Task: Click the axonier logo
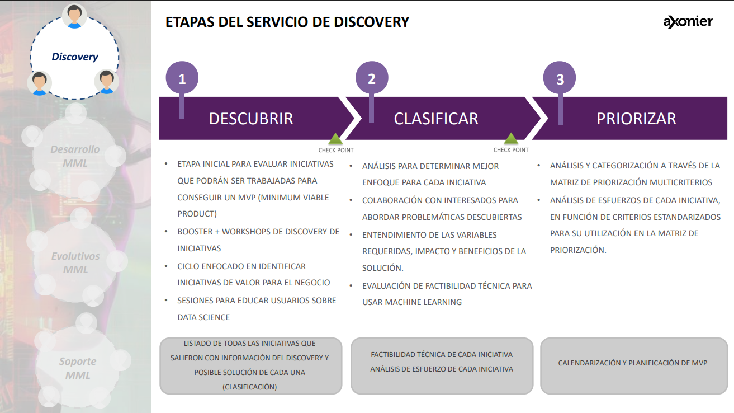[x=688, y=22]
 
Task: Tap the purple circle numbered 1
[x=182, y=79]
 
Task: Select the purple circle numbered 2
[x=372, y=79]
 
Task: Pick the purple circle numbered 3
[x=560, y=79]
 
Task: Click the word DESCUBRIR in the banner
[x=250, y=119]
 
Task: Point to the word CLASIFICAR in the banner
[x=436, y=119]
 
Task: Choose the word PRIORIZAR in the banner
[x=636, y=119]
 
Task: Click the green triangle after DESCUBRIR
[x=335, y=139]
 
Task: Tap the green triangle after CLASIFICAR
[x=510, y=139]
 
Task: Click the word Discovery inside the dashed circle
[x=74, y=57]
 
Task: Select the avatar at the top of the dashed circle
[x=74, y=16]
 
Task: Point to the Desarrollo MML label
[x=75, y=156]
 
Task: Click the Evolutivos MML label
[x=75, y=262]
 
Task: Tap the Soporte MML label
[x=77, y=368]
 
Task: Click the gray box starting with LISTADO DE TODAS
[x=250, y=365]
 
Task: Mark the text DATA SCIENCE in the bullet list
[x=203, y=317]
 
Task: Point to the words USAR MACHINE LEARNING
[x=412, y=302]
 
